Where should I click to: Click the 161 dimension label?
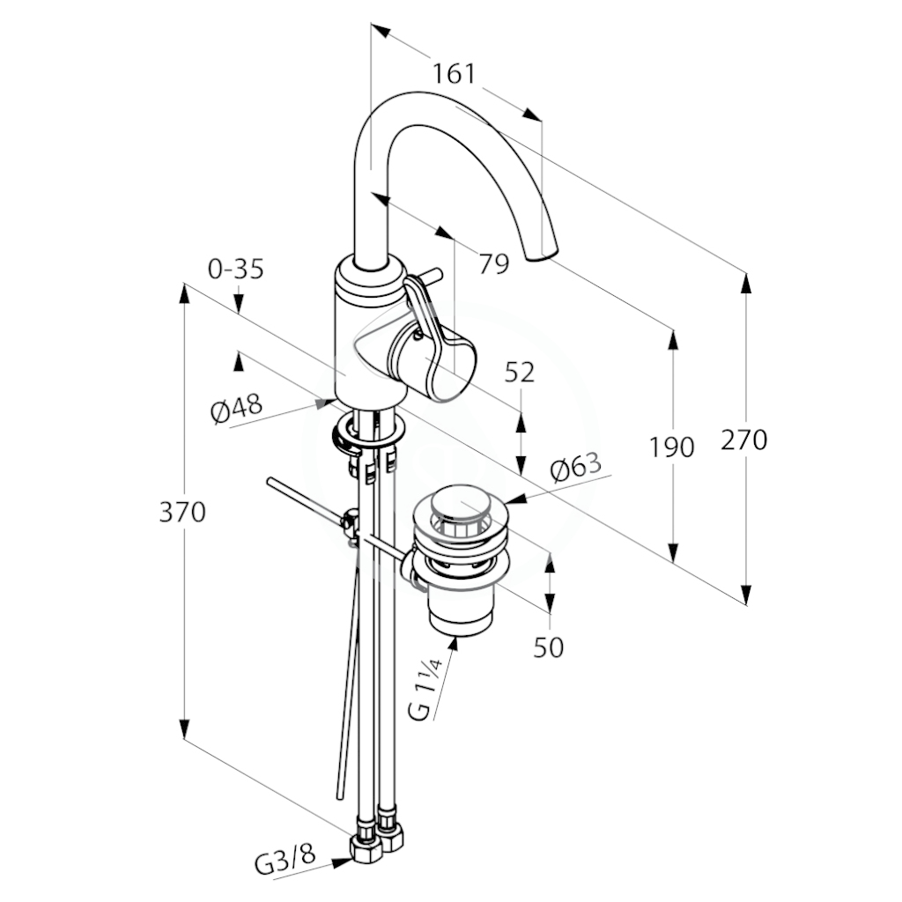click(x=454, y=74)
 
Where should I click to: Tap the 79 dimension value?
click(x=495, y=264)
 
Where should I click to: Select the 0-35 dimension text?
click(x=236, y=269)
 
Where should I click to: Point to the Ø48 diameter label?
click(x=236, y=408)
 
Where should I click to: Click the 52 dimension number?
click(x=520, y=373)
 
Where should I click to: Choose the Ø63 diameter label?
click(x=575, y=467)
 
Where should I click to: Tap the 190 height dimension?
click(x=672, y=447)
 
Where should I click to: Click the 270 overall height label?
click(x=744, y=440)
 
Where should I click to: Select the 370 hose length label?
click(x=182, y=512)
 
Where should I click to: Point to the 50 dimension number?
click(x=548, y=648)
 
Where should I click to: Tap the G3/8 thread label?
click(x=286, y=861)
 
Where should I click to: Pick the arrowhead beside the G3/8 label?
click(x=343, y=861)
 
